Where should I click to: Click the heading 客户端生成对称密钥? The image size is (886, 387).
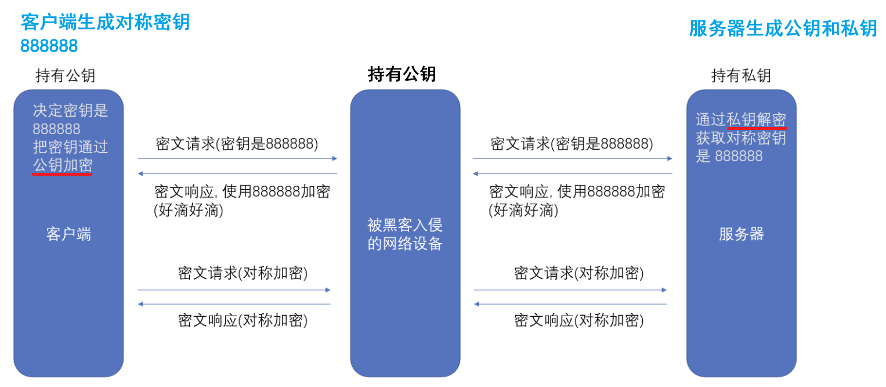105,23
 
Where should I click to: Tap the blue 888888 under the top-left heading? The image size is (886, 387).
49,46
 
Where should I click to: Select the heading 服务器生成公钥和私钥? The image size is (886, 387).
783,28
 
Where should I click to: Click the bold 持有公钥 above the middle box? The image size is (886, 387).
402,74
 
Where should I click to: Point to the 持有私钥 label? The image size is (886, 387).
741,75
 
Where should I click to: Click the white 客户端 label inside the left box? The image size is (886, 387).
68,234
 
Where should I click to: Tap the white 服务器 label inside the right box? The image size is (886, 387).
741,234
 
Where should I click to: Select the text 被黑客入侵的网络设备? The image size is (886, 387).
405,234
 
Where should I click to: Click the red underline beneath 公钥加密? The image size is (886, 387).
63,173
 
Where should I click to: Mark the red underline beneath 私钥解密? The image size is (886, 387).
757,129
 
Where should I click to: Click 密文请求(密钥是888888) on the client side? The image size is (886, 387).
237,143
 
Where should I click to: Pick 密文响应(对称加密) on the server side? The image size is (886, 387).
579,320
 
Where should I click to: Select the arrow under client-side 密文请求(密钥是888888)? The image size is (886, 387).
237,158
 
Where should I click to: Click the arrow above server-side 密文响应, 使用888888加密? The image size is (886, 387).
572,174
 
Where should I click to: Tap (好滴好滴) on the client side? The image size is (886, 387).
189,211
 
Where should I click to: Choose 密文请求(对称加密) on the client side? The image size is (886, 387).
243,273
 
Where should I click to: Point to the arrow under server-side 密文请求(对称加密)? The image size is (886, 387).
570,290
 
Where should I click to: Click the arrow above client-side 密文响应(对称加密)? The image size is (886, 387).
234,304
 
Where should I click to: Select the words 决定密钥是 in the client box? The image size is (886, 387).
70,110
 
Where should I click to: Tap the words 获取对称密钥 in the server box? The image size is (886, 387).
741,138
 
